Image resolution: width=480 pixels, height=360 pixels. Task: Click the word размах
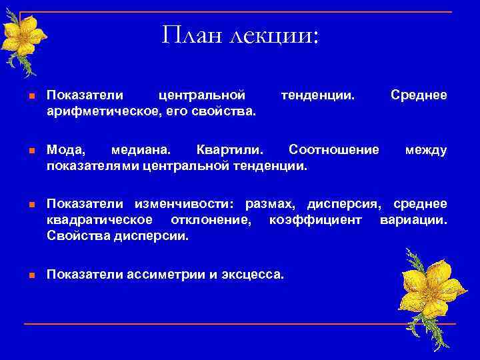pos(273,203)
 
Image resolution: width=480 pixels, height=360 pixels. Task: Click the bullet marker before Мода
pos(31,150)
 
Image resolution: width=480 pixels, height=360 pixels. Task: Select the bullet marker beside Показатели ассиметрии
pos(31,274)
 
